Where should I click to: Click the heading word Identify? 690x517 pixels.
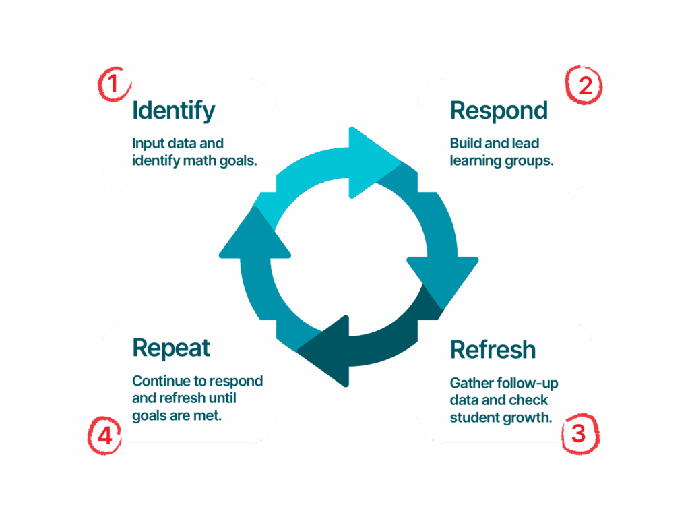174,110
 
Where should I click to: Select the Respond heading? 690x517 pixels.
499,110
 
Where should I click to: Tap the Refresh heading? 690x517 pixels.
493,350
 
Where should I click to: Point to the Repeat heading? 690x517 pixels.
171,348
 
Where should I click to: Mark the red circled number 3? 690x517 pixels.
579,433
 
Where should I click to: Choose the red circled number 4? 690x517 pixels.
104,436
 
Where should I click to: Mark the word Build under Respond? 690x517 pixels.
465,144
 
